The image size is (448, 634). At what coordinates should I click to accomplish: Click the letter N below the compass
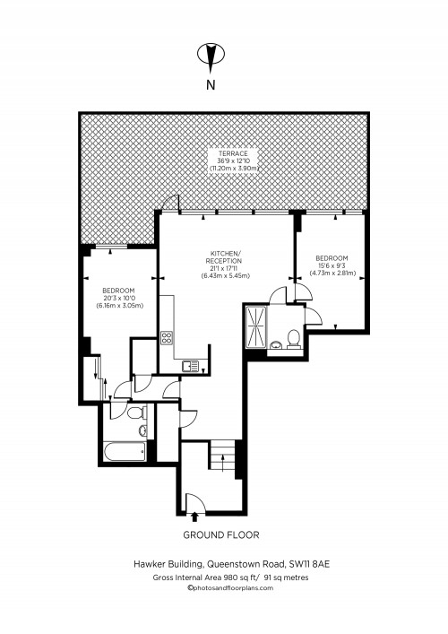211,86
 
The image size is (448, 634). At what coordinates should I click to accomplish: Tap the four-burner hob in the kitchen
167,338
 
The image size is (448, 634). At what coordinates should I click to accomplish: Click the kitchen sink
189,365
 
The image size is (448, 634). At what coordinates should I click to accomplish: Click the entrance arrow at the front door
196,515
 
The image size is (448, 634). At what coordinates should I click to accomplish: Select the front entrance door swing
194,499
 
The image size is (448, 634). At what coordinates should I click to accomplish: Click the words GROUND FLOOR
221,534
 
